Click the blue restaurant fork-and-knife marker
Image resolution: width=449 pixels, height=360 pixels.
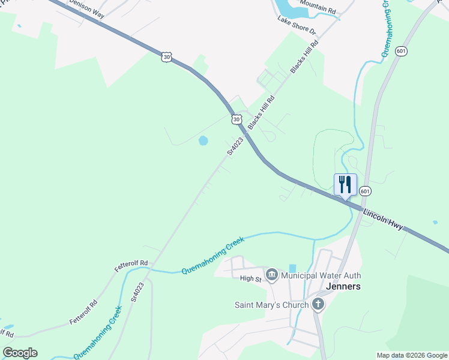pos(345,184)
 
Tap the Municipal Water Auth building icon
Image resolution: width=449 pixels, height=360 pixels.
pos(271,275)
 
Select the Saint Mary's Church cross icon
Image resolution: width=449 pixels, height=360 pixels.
pos(318,304)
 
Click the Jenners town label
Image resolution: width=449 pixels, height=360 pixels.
pos(343,286)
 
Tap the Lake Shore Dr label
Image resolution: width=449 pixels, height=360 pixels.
pos(296,25)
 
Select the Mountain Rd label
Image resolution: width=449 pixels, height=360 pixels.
pos(318,7)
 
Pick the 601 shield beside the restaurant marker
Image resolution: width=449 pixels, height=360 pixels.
pos(366,191)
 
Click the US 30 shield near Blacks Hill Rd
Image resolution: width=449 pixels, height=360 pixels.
pos(237,119)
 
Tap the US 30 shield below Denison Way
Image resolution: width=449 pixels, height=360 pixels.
pos(166,57)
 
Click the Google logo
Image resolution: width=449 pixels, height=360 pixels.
pos(20,353)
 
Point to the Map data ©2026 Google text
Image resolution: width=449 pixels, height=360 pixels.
pos(412,355)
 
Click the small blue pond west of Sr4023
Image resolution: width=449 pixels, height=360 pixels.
pos(203,141)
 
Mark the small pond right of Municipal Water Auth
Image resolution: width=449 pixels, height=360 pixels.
pos(292,268)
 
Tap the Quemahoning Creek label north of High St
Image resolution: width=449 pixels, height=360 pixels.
pos(213,256)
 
